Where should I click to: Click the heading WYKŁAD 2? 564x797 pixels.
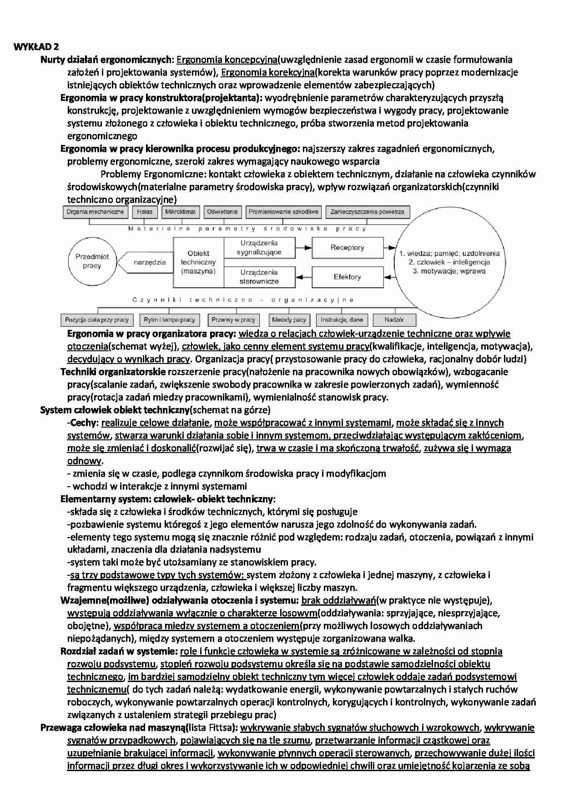36,47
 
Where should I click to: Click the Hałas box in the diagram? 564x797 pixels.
145,212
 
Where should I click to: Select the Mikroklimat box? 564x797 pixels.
180,212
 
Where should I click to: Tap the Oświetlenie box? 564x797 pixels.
222,212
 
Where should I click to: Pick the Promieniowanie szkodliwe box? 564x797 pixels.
283,212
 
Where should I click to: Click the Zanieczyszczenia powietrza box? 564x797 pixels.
368,212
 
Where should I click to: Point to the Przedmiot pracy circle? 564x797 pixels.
92,261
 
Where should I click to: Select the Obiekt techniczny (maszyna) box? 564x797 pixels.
198,262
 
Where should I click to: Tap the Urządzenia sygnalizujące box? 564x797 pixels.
259,248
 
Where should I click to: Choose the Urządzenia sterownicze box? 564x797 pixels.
259,277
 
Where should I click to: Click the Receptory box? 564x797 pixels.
347,248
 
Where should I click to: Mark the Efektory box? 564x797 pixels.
347,277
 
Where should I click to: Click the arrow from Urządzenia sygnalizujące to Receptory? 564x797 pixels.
303,248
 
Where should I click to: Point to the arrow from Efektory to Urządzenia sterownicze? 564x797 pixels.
303,277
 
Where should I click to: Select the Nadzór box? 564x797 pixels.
394,320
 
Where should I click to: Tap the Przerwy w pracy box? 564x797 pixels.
233,320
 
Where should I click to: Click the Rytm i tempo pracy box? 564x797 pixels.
169,320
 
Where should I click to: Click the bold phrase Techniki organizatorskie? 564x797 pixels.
113,372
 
